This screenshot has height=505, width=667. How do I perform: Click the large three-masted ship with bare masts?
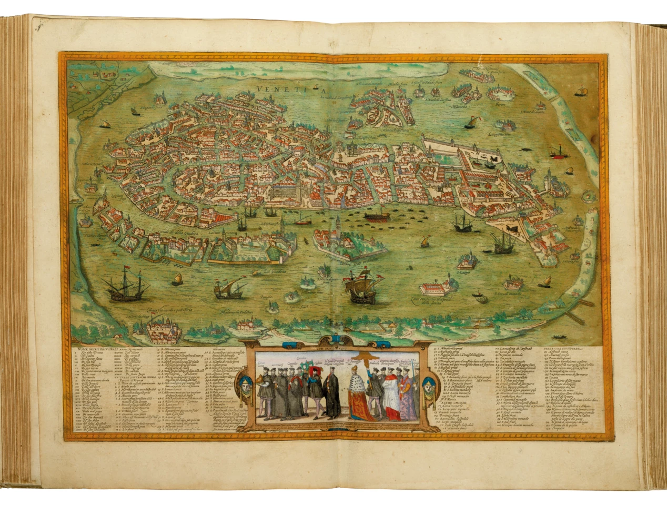point(125,285)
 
